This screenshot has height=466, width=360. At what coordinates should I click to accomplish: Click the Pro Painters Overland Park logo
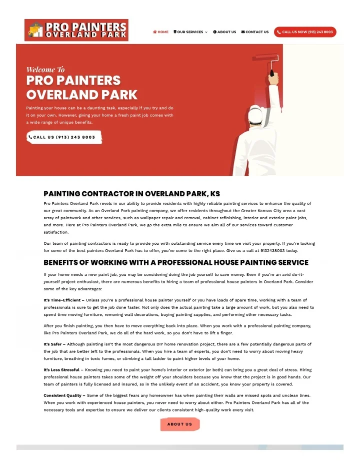pos(76,30)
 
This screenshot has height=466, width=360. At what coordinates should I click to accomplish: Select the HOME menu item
pos(161,32)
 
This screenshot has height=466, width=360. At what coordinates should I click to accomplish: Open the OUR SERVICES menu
pos(190,32)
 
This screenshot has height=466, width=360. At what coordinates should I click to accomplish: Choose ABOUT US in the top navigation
pos(224,32)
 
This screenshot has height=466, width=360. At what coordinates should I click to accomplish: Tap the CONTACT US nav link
pos(255,32)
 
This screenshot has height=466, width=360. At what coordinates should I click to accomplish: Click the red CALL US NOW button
pos(305,32)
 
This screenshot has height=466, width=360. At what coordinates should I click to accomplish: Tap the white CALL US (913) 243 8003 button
pos(64,137)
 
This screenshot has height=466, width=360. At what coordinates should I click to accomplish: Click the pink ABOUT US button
pos(179,424)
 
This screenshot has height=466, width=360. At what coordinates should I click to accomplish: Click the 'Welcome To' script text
pos(45,69)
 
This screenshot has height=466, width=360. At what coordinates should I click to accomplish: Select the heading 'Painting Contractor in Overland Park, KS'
pos(131,194)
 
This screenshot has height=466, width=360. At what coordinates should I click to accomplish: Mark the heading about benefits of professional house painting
pos(176,262)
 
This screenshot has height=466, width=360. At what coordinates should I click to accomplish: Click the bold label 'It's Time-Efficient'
pos(62,300)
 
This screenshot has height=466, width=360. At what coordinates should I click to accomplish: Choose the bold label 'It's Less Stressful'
pos(61,369)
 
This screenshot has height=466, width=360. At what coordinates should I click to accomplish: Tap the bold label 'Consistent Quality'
pos(63,395)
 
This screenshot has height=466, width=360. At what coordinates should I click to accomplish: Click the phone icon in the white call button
pos(30,137)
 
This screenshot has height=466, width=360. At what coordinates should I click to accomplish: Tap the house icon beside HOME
pos(155,32)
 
